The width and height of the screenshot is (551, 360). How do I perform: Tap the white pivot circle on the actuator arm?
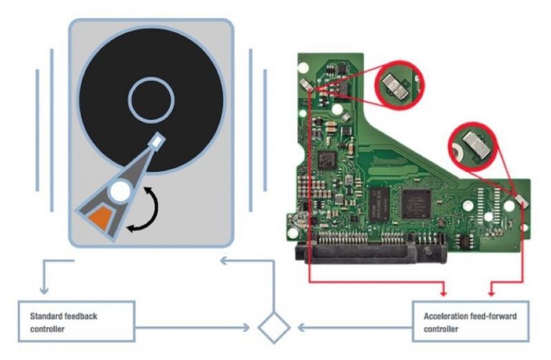(x=121, y=191)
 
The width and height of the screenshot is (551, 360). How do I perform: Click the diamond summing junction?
(x=274, y=328)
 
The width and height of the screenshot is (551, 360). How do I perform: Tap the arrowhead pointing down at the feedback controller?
(x=44, y=290)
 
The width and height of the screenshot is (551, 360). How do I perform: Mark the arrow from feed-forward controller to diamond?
(x=352, y=328)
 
